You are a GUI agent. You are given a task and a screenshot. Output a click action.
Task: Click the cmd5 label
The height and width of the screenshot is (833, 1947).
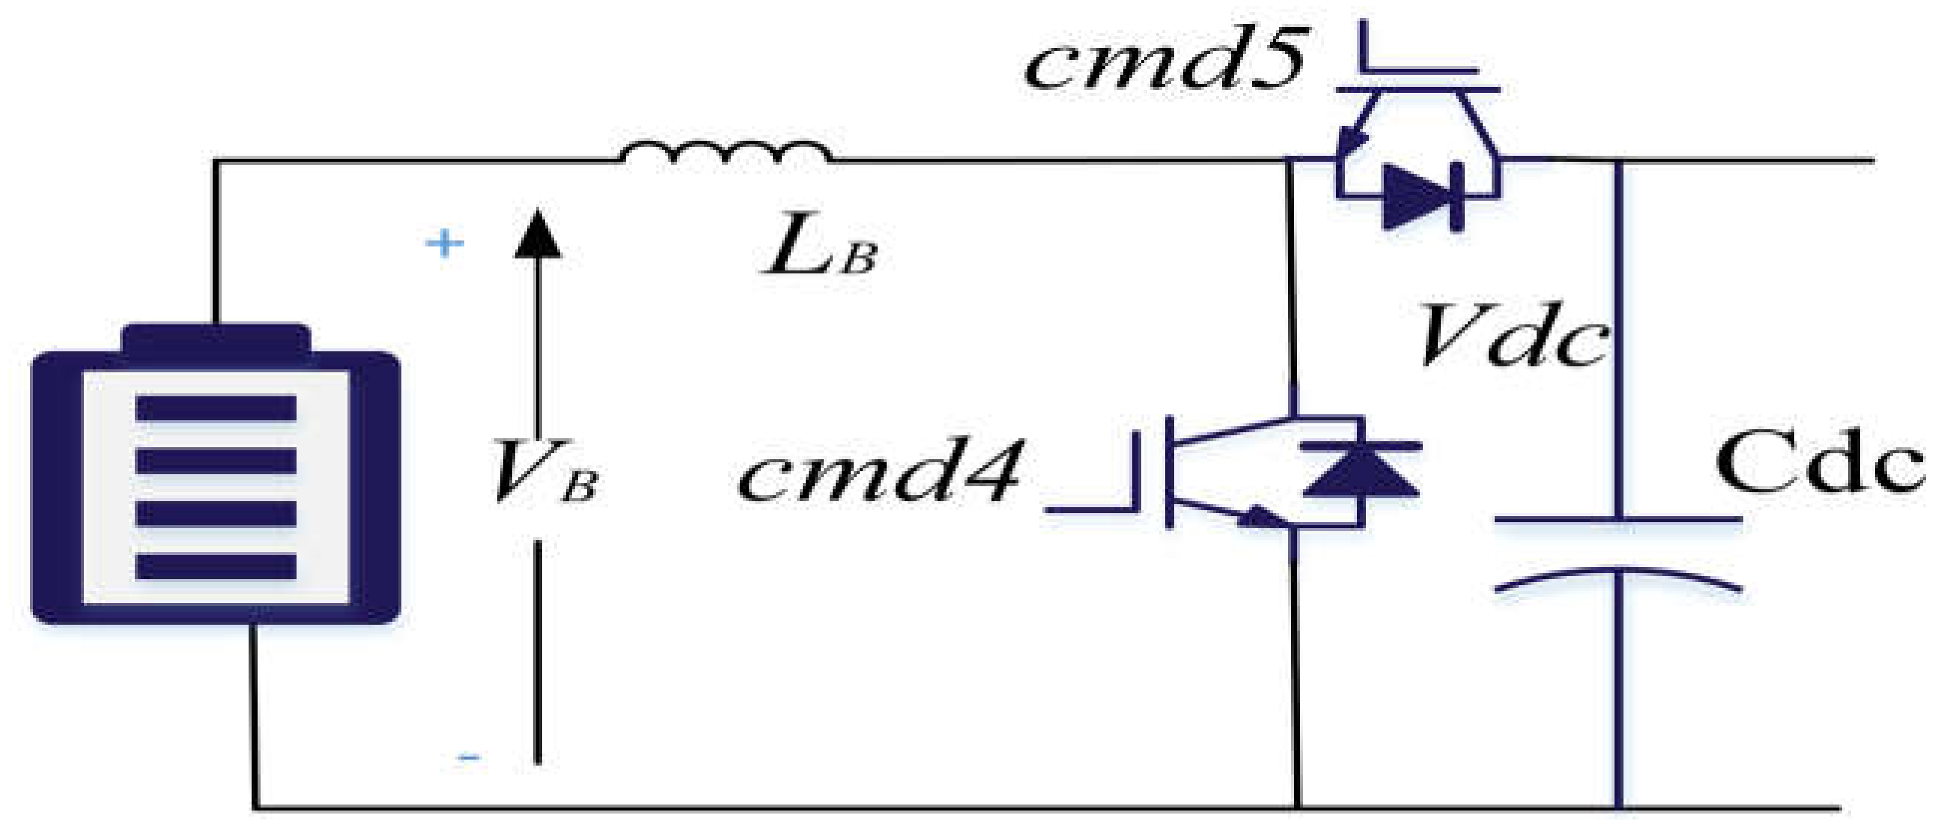1164,61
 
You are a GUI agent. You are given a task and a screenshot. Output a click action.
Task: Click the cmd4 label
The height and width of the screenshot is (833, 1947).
881,473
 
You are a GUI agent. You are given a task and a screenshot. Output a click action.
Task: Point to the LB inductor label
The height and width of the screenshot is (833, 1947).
820,246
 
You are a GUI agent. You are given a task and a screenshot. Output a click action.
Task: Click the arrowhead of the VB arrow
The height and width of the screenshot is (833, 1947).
538,234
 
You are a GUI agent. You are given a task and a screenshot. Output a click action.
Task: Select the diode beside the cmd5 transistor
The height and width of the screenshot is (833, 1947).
1421,196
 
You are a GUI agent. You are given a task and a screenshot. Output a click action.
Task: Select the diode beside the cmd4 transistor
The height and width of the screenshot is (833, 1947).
1361,473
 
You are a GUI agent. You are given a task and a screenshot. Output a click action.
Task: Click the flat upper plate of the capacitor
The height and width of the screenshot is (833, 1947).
1618,520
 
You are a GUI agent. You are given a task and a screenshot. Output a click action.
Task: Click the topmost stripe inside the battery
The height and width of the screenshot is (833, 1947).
216,408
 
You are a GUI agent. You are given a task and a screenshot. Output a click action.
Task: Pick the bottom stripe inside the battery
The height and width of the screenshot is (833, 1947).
216,567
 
